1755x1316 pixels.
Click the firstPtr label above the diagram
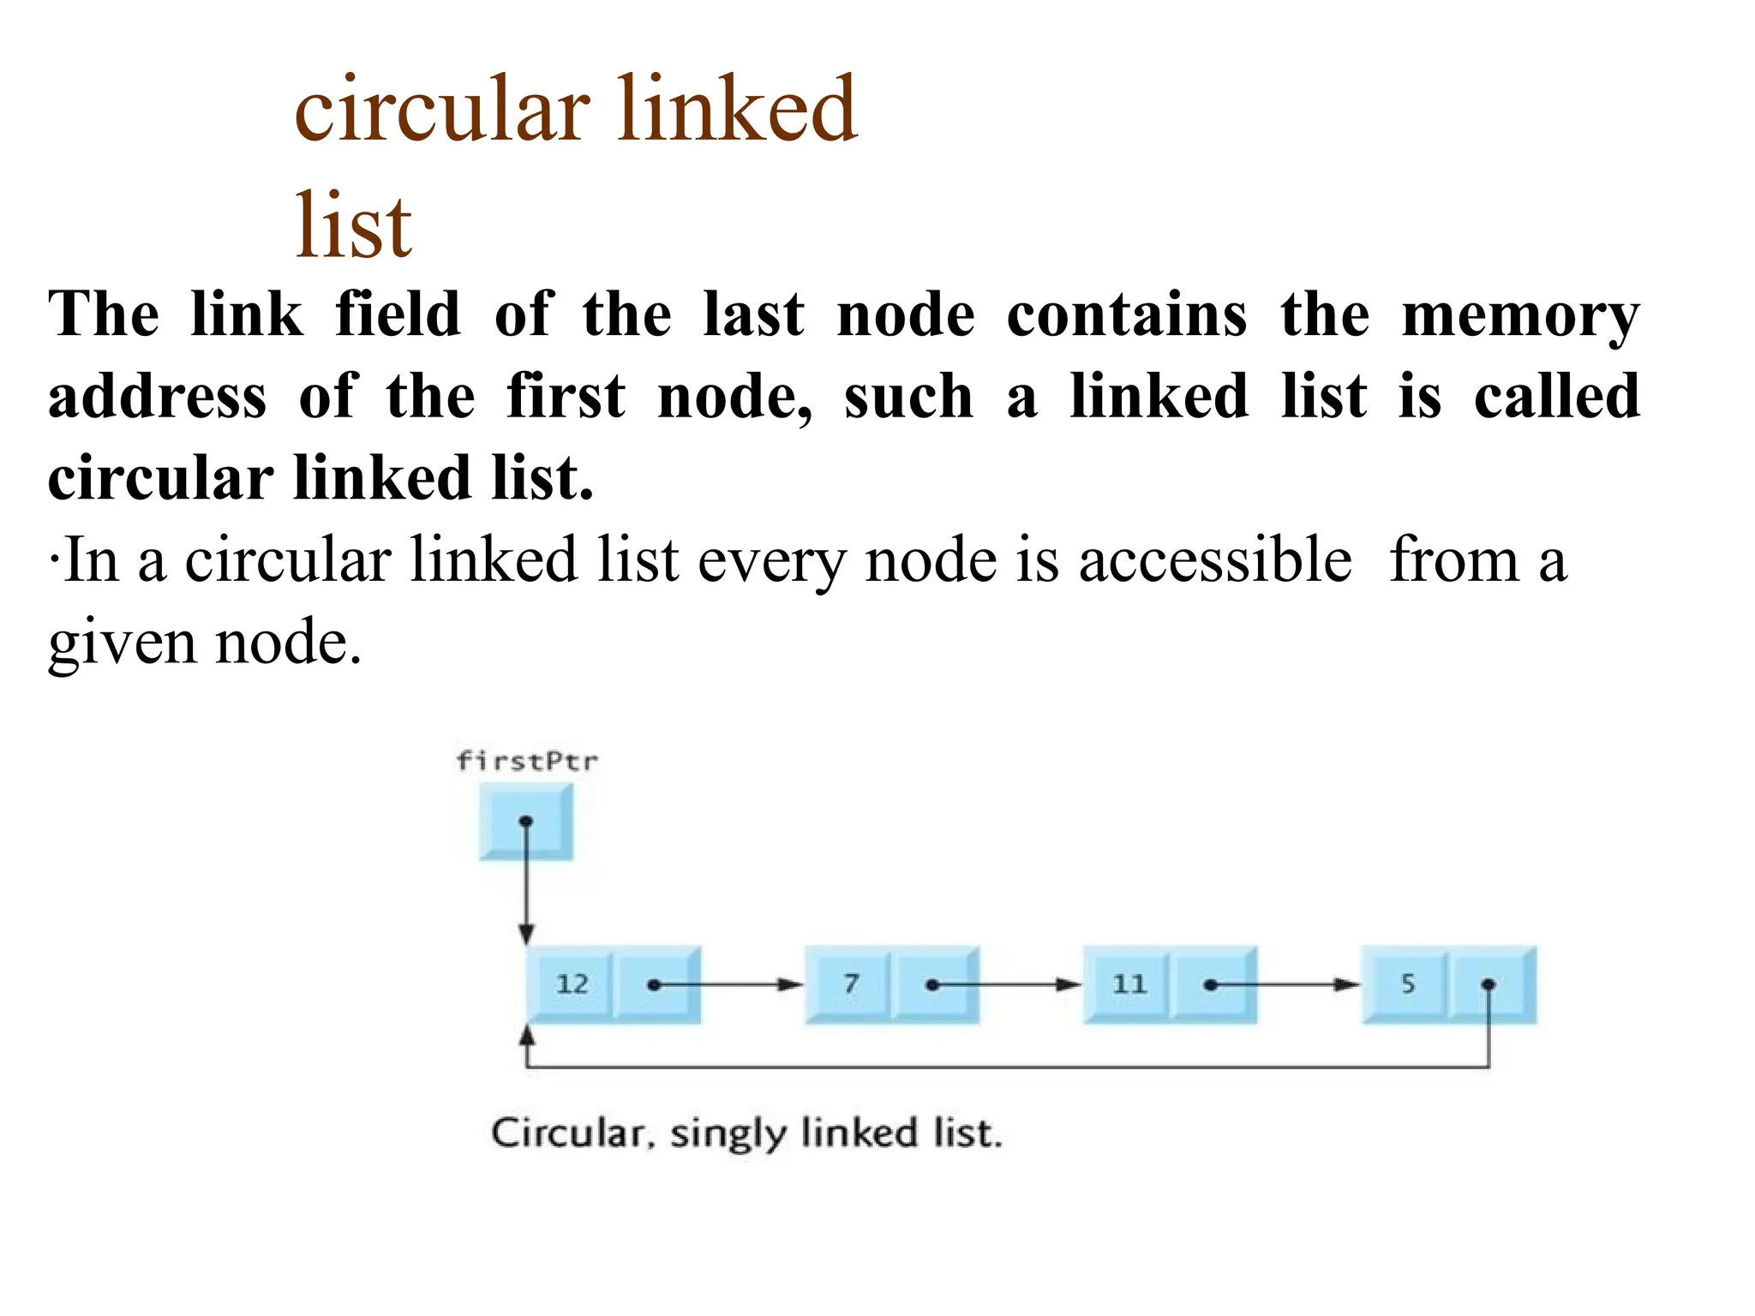[526, 761]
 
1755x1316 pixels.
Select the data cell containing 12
[572, 984]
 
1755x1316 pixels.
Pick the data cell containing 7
[849, 984]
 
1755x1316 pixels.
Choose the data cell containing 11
[1128, 984]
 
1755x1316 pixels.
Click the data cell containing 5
[1407, 984]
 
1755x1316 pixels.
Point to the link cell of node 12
[657, 984]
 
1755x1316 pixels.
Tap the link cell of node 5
[1490, 984]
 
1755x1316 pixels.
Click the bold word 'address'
[158, 397]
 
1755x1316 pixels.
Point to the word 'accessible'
[1215, 560]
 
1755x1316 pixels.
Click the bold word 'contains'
[1126, 314]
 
